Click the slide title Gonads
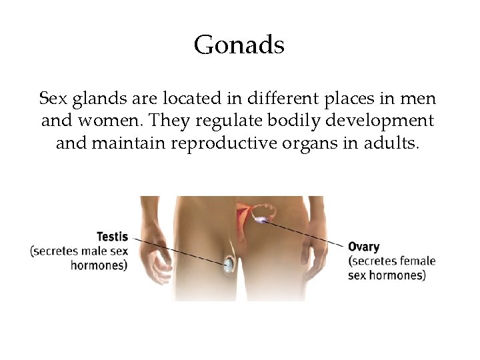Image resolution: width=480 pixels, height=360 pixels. [x=239, y=46]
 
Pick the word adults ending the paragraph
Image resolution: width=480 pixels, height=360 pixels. [x=393, y=143]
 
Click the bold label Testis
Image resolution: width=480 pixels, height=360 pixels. [x=112, y=237]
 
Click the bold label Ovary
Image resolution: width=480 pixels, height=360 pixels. [x=364, y=247]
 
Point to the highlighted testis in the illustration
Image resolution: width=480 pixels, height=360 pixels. [x=229, y=265]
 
